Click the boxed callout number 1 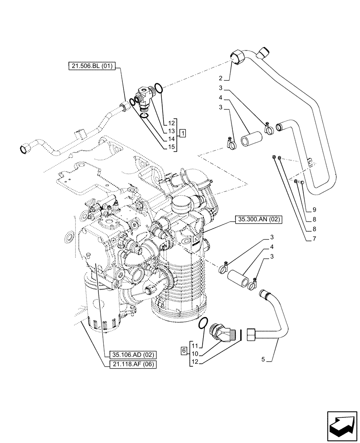(x=183, y=132)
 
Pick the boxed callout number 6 (x=183, y=350)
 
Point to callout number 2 (x=226, y=79)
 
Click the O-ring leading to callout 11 (x=203, y=323)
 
